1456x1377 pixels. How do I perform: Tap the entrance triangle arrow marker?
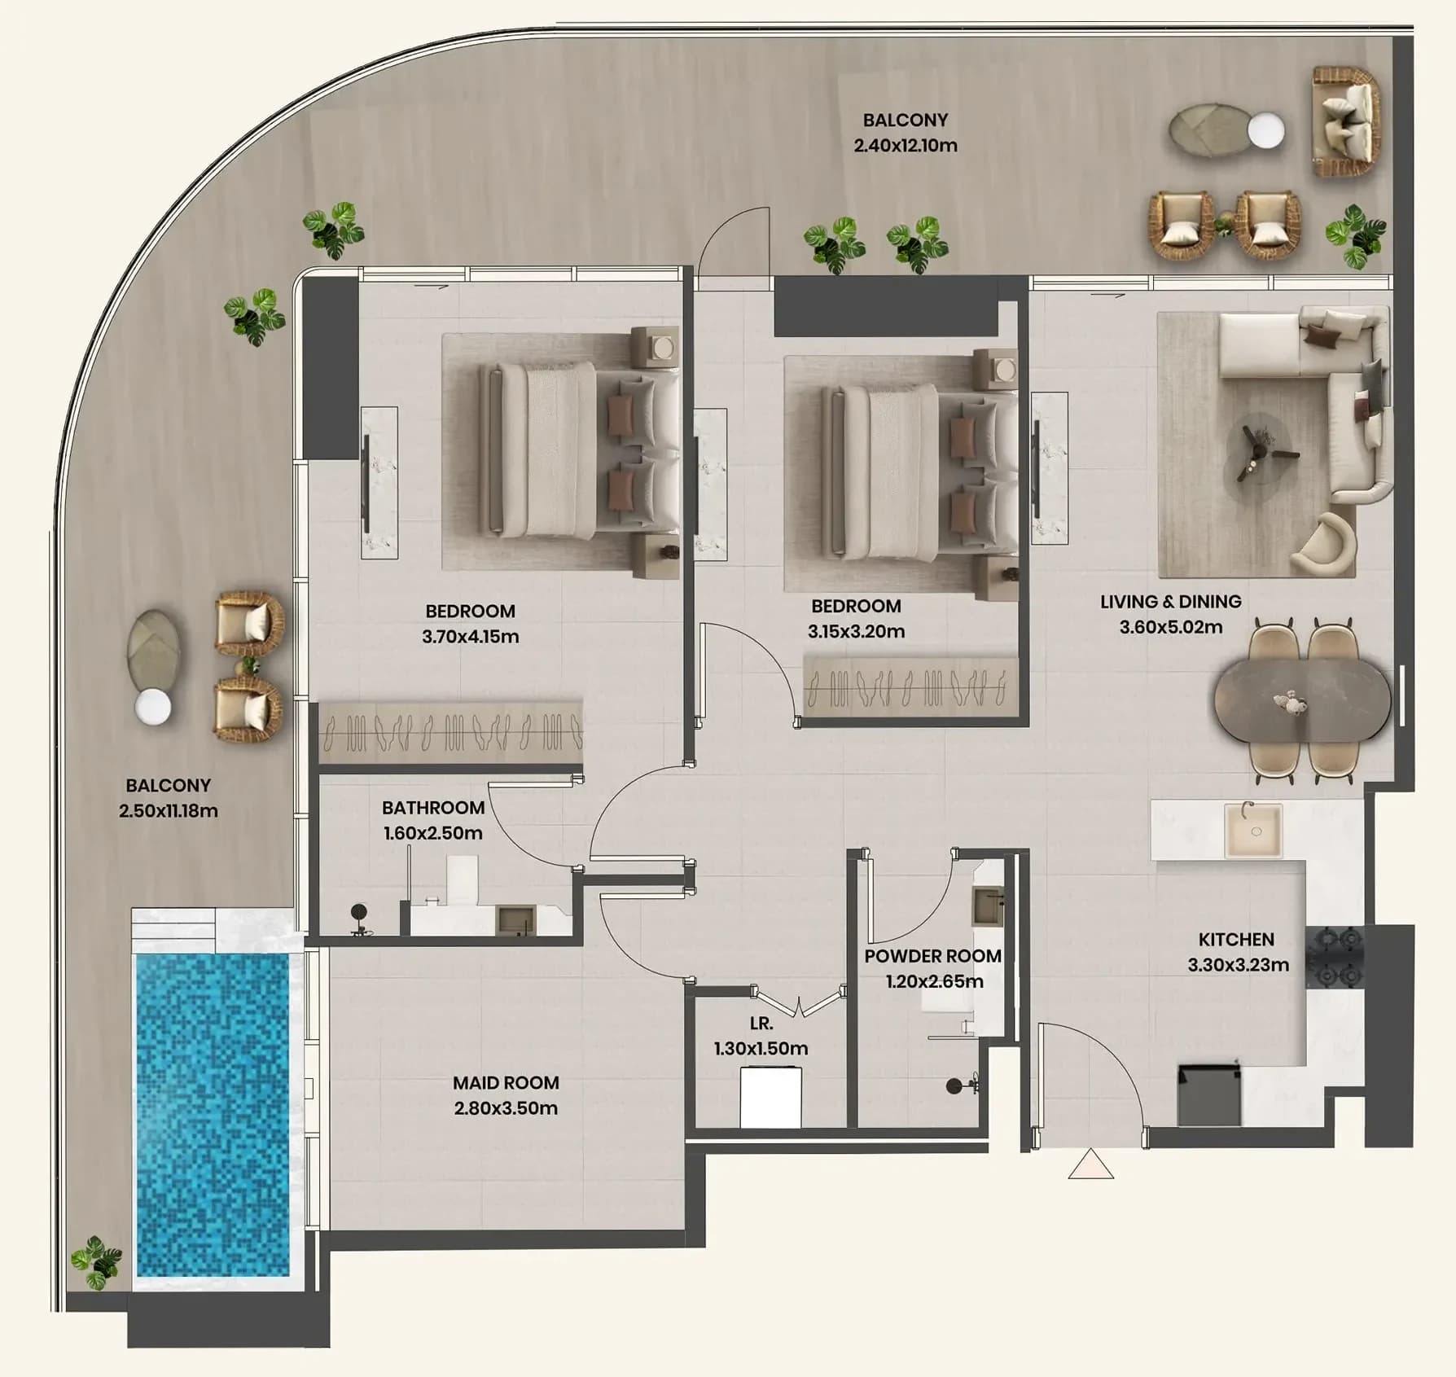click(x=1091, y=1165)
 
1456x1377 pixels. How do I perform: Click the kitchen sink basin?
click(x=1254, y=831)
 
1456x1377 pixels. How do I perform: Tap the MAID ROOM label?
click(x=506, y=1083)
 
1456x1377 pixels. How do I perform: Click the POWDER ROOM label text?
click(x=933, y=956)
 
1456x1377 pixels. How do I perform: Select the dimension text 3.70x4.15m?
click(x=470, y=637)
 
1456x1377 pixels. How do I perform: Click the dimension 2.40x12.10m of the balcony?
click(x=906, y=146)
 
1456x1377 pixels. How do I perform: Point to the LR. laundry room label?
click(x=761, y=1023)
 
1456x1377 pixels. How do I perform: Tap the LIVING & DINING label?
click(x=1171, y=602)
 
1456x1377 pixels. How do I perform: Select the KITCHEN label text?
click(x=1236, y=940)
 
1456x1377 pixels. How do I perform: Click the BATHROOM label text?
click(x=433, y=808)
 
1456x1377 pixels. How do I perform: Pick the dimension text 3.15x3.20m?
click(x=856, y=631)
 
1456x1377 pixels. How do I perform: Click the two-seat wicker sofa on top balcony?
click(x=1345, y=121)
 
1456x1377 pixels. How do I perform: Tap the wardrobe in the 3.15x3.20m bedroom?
click(x=911, y=686)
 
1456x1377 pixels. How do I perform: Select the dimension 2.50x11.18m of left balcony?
click(x=169, y=811)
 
